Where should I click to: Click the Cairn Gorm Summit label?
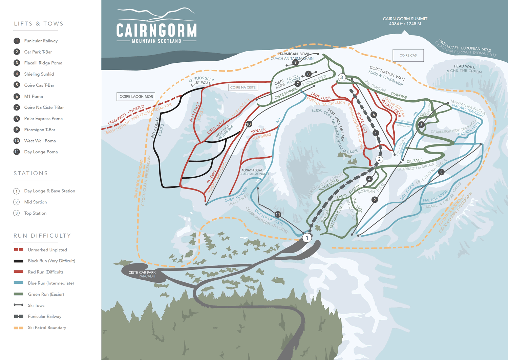coord(405,21)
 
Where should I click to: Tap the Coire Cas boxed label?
coord(408,55)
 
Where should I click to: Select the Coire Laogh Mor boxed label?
coord(136,97)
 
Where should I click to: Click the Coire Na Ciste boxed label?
coord(243,87)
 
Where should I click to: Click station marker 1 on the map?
coord(307,238)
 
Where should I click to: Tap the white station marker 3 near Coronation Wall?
coord(341,77)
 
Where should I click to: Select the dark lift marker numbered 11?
coord(278,214)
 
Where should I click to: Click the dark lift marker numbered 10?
coord(249,124)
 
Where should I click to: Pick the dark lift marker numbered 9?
coord(295,62)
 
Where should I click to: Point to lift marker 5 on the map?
coord(421,124)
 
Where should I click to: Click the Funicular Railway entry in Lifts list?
coord(41,41)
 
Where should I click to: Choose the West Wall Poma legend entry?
coord(40,141)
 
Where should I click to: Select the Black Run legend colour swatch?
coord(18,261)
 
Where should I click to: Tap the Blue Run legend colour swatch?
coord(18,283)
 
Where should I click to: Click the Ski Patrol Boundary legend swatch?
coord(18,328)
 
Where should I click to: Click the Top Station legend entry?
coord(35,213)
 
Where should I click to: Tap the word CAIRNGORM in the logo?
coord(156,30)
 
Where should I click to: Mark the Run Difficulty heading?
coord(42,236)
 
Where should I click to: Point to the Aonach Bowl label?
coord(252,170)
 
